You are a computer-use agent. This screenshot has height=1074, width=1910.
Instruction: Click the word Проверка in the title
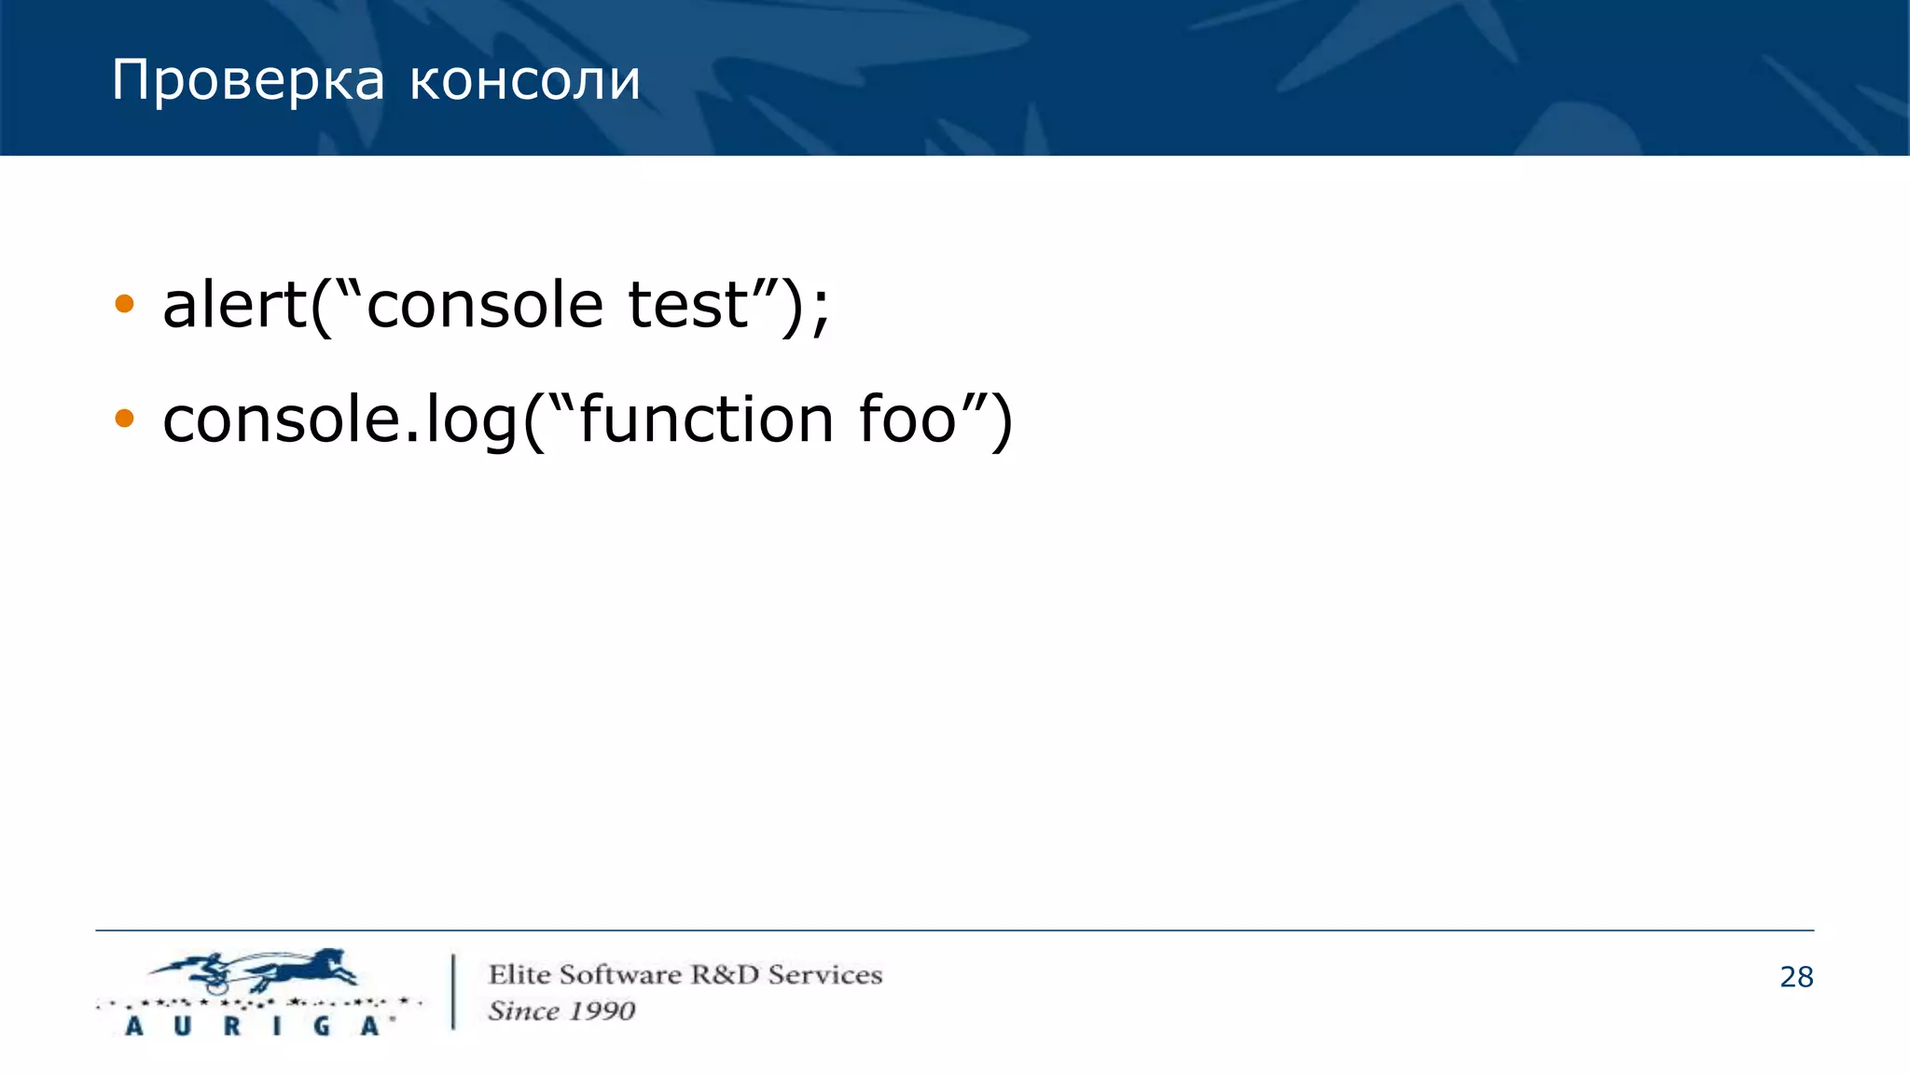point(247,81)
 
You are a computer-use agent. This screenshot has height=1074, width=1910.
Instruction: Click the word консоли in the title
point(525,81)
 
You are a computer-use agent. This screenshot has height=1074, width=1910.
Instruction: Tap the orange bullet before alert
point(124,304)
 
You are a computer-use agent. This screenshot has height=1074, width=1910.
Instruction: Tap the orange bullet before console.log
point(124,419)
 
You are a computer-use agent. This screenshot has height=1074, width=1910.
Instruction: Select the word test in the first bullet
point(688,305)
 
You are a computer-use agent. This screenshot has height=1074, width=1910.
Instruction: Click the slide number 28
point(1796,977)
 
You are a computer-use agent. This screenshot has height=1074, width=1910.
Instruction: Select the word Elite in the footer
point(519,975)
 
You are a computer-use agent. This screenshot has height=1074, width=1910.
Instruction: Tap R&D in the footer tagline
point(725,975)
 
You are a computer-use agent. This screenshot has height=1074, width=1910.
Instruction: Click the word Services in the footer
point(824,975)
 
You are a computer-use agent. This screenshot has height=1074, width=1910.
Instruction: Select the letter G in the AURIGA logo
point(322,1026)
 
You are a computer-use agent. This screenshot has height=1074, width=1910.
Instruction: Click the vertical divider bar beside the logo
point(453,991)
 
